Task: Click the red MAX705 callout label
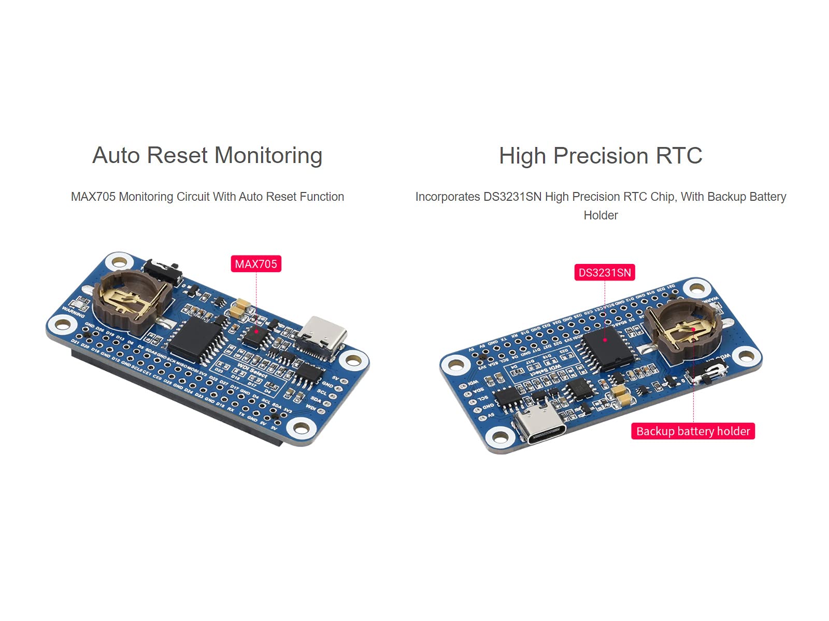point(256,264)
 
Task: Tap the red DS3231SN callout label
point(605,273)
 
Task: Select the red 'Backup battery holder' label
point(693,431)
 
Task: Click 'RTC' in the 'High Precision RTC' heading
point(679,156)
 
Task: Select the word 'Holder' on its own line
point(601,215)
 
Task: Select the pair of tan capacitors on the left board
point(241,309)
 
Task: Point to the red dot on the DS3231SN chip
point(605,340)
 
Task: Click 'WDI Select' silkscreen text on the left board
point(252,369)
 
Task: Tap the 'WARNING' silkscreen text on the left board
point(73,312)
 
